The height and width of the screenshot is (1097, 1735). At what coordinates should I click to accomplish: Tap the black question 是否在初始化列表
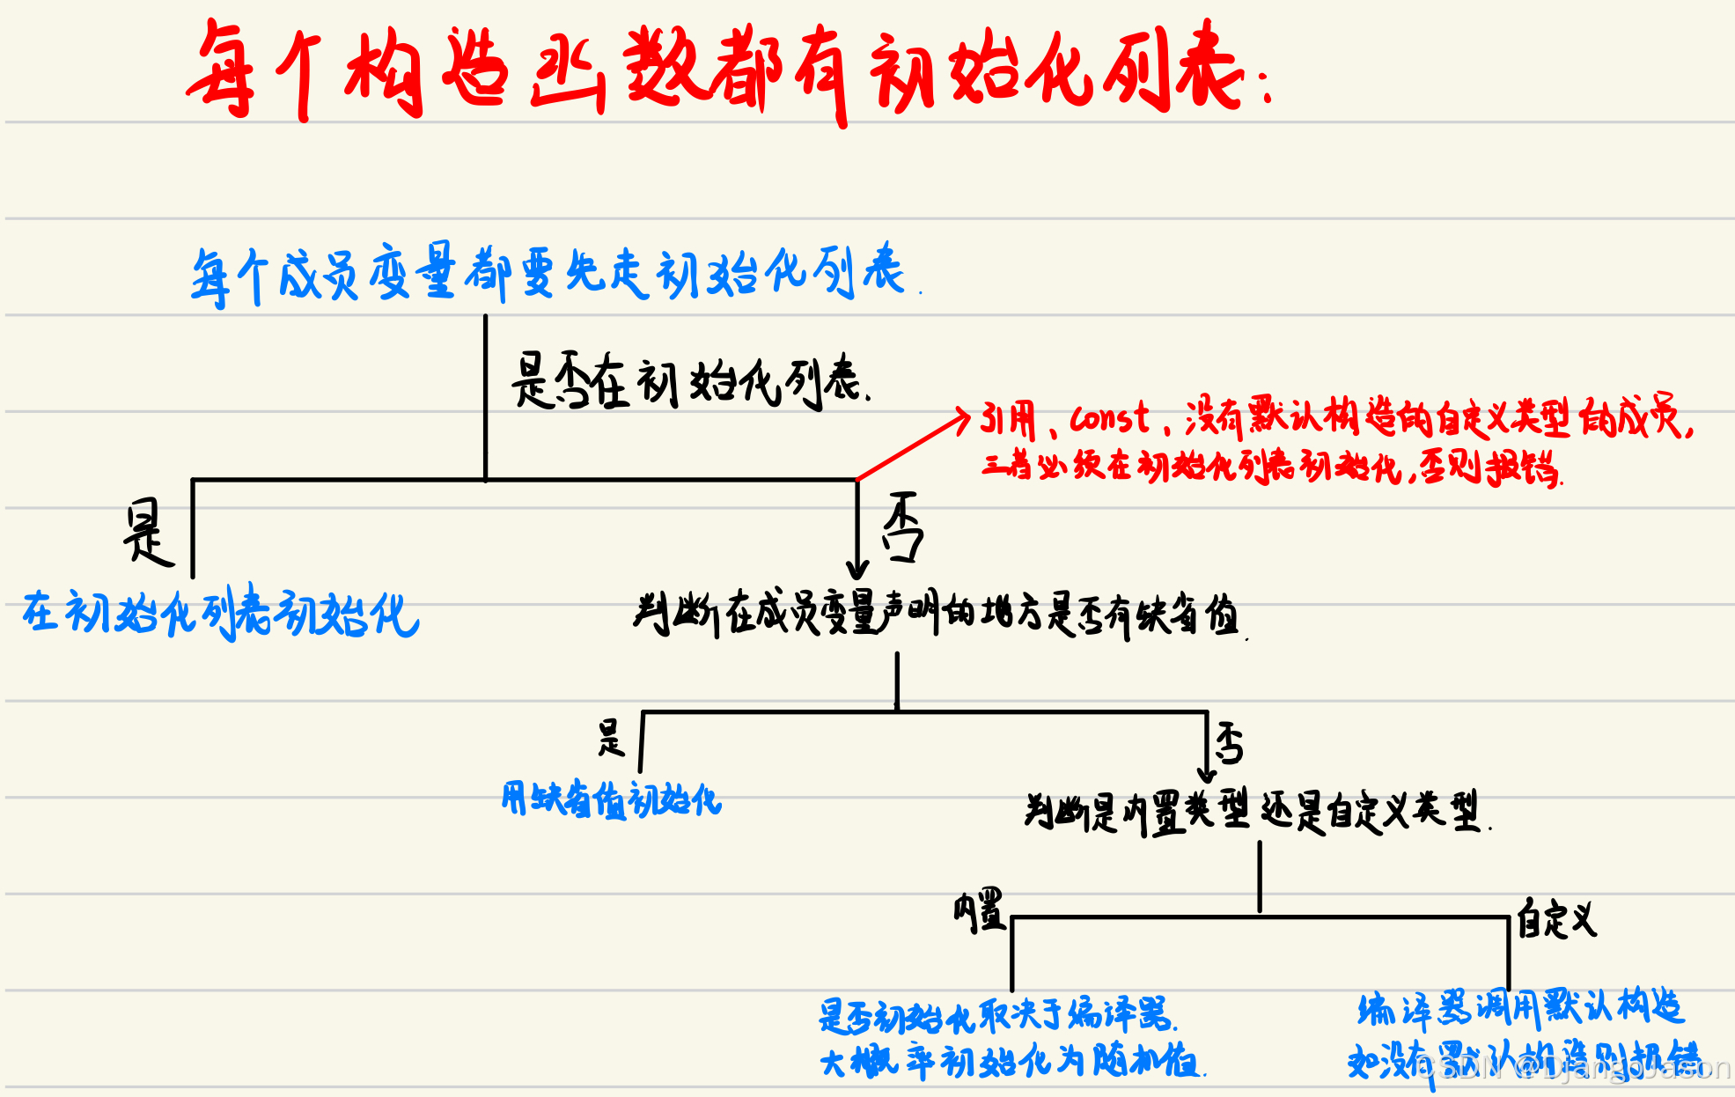coord(688,381)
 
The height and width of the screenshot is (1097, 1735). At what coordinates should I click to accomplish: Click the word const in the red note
coord(1109,418)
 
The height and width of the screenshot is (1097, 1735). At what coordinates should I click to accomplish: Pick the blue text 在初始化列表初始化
coord(220,613)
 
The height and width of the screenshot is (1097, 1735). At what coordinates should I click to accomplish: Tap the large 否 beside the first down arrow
coord(903,527)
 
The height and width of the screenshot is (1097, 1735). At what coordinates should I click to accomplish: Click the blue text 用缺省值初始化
coord(611,799)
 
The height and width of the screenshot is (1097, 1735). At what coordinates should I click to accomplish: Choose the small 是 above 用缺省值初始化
coord(611,738)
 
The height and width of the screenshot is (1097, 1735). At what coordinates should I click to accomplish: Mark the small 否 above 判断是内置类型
coord(1230,743)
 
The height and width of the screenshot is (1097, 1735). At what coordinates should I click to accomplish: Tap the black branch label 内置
coord(979,910)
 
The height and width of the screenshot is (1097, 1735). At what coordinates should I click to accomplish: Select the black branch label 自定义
coord(1556,919)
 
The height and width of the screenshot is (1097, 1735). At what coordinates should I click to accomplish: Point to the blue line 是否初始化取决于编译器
coord(996,1015)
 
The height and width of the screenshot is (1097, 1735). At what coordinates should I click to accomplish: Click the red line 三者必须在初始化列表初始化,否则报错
coord(1271,466)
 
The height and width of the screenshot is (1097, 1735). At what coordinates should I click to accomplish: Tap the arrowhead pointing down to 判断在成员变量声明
coord(857,569)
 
